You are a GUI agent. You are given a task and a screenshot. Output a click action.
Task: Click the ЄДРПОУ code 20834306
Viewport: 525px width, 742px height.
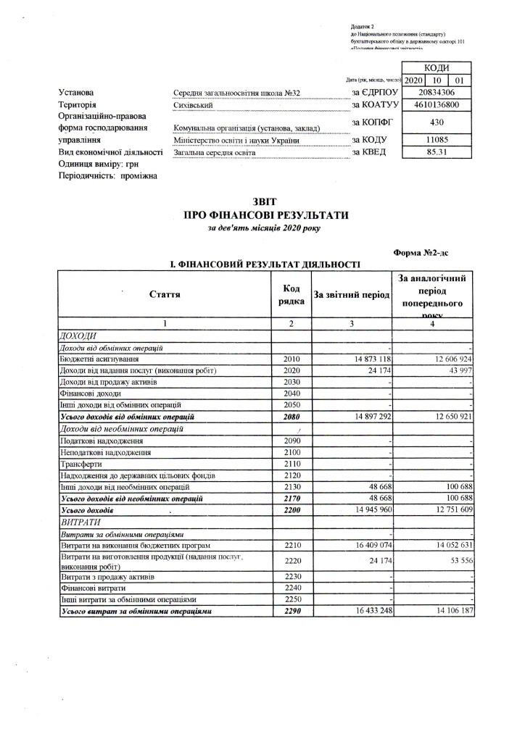437,93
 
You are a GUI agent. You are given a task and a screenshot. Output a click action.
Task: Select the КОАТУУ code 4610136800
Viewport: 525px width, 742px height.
437,105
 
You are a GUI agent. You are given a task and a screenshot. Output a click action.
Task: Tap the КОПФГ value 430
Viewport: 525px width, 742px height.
437,122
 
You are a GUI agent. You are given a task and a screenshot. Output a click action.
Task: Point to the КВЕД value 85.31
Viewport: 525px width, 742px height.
437,152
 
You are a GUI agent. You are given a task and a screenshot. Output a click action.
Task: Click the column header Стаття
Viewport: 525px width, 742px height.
165,293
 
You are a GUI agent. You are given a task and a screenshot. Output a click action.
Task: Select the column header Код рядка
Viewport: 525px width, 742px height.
291,294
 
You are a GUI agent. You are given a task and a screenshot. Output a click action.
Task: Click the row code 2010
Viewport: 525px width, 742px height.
291,359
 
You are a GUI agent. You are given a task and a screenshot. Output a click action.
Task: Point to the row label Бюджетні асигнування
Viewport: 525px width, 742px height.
99,359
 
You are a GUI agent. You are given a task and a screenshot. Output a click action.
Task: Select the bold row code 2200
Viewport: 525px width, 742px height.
291,511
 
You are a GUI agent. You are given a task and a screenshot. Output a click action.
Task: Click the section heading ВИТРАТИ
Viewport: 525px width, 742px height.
78,522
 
